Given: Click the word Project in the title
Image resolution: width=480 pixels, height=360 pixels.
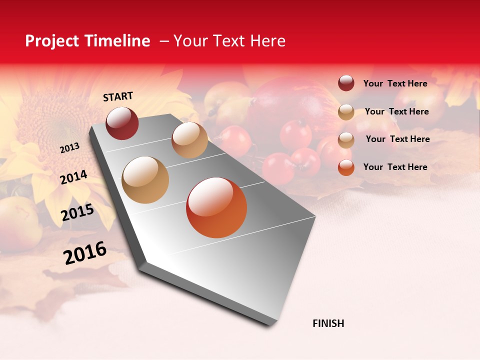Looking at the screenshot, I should tap(52, 41).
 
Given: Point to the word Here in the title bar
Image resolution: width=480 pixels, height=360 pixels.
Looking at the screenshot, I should tap(267, 41).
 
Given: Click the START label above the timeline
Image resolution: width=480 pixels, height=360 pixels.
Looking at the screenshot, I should tap(118, 96).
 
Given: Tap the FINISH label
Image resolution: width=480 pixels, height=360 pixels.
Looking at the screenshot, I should tap(328, 323).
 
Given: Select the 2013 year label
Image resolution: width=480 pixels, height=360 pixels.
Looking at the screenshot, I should tap(69, 148).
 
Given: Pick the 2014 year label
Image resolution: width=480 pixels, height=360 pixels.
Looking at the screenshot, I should tap(73, 177).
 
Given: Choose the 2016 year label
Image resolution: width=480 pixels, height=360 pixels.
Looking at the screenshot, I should tap(84, 253).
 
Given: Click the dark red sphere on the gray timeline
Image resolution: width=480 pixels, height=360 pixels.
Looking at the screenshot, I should tap(122, 123).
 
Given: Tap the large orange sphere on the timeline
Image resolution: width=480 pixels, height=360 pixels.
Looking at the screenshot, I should tap(216, 207).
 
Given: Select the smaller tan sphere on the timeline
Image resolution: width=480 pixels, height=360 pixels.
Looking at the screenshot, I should tap(189, 140).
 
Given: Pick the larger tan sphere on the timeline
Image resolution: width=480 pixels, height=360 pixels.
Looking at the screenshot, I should tap(145, 180).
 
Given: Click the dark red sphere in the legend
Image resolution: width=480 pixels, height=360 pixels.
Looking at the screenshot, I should tap(346, 83).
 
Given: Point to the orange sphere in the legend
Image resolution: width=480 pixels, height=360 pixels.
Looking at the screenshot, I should tap(346, 167).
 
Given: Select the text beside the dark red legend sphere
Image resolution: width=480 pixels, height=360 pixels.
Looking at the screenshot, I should tap(395, 83).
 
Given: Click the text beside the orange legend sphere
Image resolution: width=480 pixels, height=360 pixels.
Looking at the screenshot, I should tap(395, 167).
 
